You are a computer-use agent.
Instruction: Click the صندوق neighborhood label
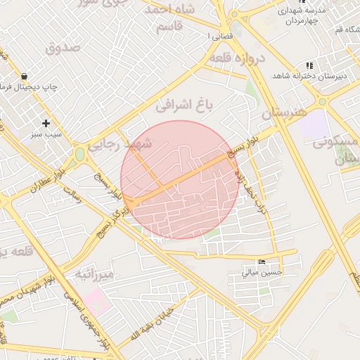click(x=63, y=48)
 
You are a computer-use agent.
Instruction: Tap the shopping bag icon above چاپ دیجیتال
click(x=25, y=76)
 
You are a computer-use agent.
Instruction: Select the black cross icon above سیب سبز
click(x=46, y=123)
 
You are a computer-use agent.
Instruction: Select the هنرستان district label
click(x=285, y=112)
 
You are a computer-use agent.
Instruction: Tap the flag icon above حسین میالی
click(x=262, y=262)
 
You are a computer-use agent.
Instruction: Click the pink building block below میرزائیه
click(x=98, y=304)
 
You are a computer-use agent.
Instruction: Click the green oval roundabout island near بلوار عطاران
click(x=80, y=153)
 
